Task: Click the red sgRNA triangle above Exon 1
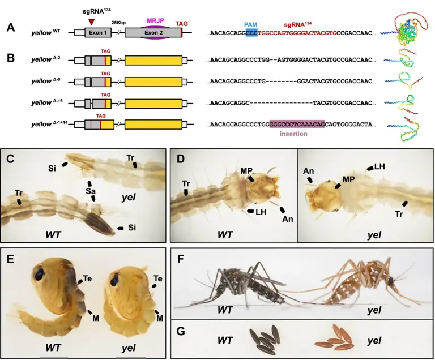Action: [x=92, y=22]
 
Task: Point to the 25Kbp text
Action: [x=118, y=22]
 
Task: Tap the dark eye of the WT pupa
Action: [x=43, y=273]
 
